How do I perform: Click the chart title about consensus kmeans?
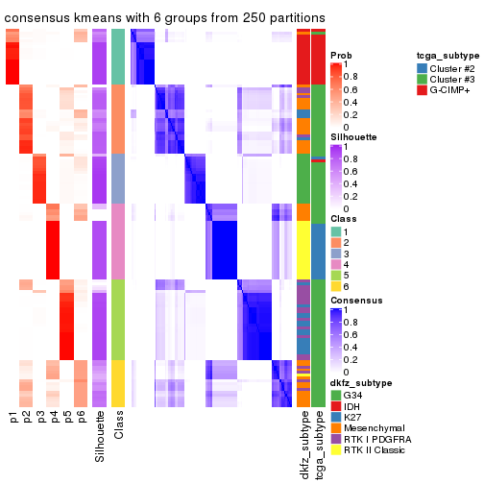point(164,18)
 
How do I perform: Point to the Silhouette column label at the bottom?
point(100,436)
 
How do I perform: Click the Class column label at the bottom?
point(118,427)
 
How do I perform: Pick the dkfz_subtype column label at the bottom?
point(303,447)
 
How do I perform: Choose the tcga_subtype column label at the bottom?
point(318,446)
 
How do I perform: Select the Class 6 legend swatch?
point(336,286)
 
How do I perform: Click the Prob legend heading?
point(340,56)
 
